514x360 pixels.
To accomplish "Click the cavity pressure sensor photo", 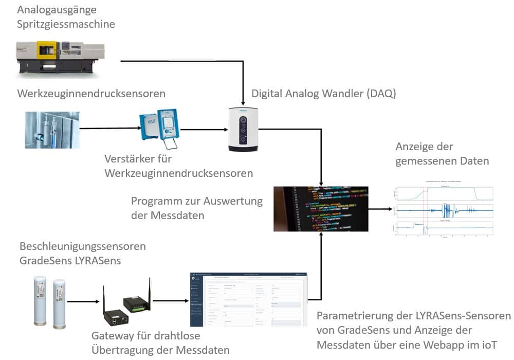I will (52, 130).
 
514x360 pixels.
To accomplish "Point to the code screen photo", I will (321, 208).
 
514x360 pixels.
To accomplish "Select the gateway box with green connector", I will (136, 303).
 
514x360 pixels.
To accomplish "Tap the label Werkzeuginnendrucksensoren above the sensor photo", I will (91, 94).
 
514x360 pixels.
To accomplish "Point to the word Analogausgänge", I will (57, 10).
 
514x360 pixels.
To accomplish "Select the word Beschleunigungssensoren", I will (83, 246).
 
